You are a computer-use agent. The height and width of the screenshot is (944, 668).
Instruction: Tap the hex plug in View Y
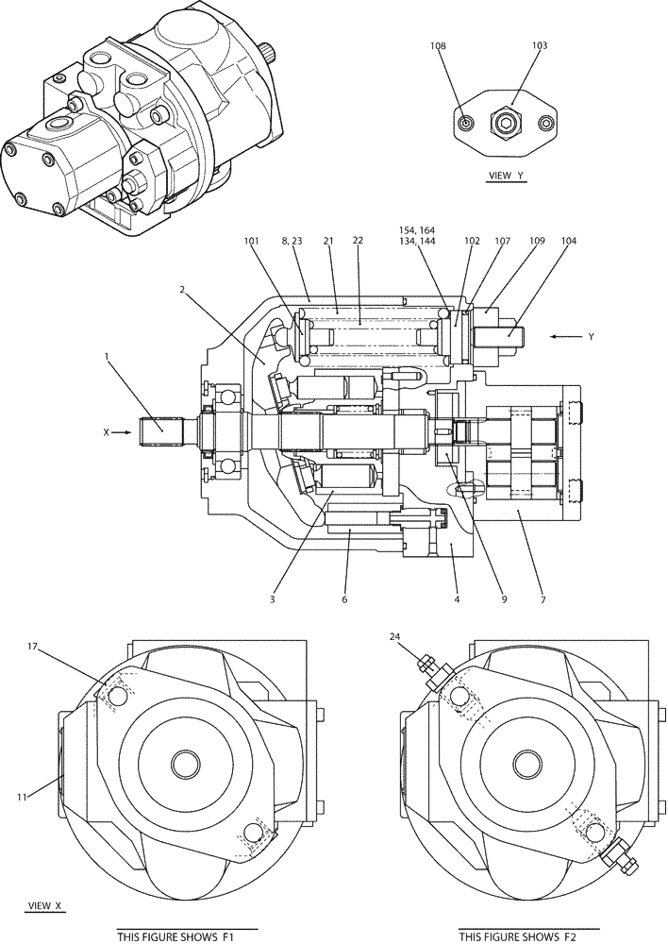pyautogui.click(x=506, y=123)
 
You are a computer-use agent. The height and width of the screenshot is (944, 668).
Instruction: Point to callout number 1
pyautogui.click(x=108, y=358)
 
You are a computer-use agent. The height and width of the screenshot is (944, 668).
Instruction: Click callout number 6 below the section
pyautogui.click(x=344, y=598)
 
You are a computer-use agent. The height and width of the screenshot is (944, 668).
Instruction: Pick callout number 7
pyautogui.click(x=543, y=598)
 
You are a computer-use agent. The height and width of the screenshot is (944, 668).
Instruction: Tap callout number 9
pyautogui.click(x=504, y=598)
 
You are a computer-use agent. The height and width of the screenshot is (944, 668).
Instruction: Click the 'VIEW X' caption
pyautogui.click(x=44, y=905)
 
